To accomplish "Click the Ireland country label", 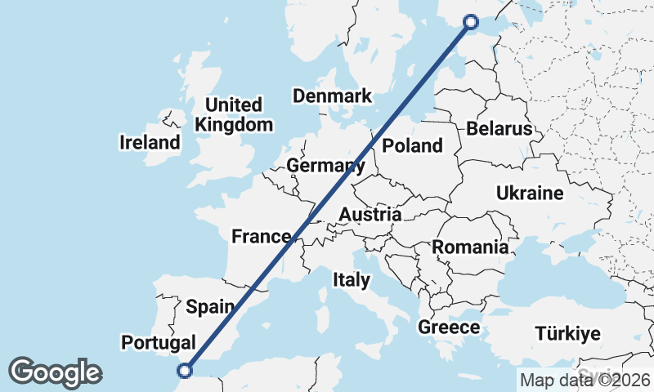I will point(150,143).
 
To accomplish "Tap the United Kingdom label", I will point(234,115).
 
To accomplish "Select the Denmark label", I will point(333,96).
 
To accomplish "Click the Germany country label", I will point(325,167).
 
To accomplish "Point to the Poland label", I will point(412,146).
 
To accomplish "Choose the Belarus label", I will point(499,129).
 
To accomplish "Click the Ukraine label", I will point(530,194).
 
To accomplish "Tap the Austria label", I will point(370,215).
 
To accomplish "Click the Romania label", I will point(470,247).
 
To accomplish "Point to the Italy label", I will point(352,280).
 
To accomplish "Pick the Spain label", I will point(211,307).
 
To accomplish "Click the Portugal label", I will point(158,342).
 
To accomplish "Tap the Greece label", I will point(449,327).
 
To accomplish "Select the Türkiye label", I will point(567,334).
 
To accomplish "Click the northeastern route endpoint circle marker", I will point(471,22).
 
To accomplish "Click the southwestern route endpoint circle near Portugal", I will point(185,371).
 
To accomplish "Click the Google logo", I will point(55,372).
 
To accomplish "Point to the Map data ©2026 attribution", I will point(585,380).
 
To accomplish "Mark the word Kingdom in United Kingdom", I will point(234,125).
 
